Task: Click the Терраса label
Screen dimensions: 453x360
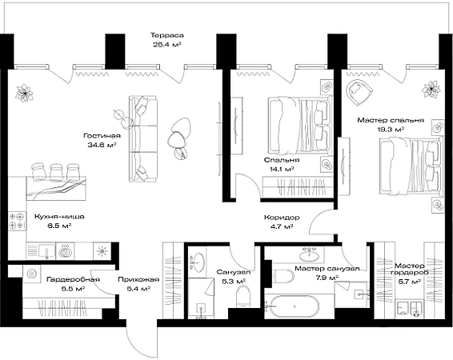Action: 166,35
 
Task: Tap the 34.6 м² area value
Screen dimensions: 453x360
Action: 102,145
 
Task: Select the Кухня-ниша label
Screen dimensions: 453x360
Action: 59,216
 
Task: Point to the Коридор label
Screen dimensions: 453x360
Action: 282,218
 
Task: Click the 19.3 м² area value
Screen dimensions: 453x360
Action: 391,130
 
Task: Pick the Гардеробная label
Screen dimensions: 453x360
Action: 73,279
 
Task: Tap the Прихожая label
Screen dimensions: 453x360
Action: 138,279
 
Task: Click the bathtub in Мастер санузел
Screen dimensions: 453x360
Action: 292,306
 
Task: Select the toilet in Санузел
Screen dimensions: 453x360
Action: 243,297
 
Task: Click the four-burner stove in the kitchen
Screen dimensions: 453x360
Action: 16,221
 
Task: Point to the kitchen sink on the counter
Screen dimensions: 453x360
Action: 46,251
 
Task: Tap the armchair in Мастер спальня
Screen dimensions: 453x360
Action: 359,91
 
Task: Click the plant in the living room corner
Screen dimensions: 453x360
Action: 24,94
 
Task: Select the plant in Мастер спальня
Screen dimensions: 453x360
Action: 431,90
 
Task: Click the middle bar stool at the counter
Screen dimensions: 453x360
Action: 56,172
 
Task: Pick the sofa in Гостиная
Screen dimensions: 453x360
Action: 143,138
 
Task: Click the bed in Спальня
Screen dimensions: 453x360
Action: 300,125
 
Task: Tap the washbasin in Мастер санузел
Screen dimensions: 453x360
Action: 309,255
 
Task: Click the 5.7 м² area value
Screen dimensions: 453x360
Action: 409,281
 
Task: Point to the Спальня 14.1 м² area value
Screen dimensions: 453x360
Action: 282,169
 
